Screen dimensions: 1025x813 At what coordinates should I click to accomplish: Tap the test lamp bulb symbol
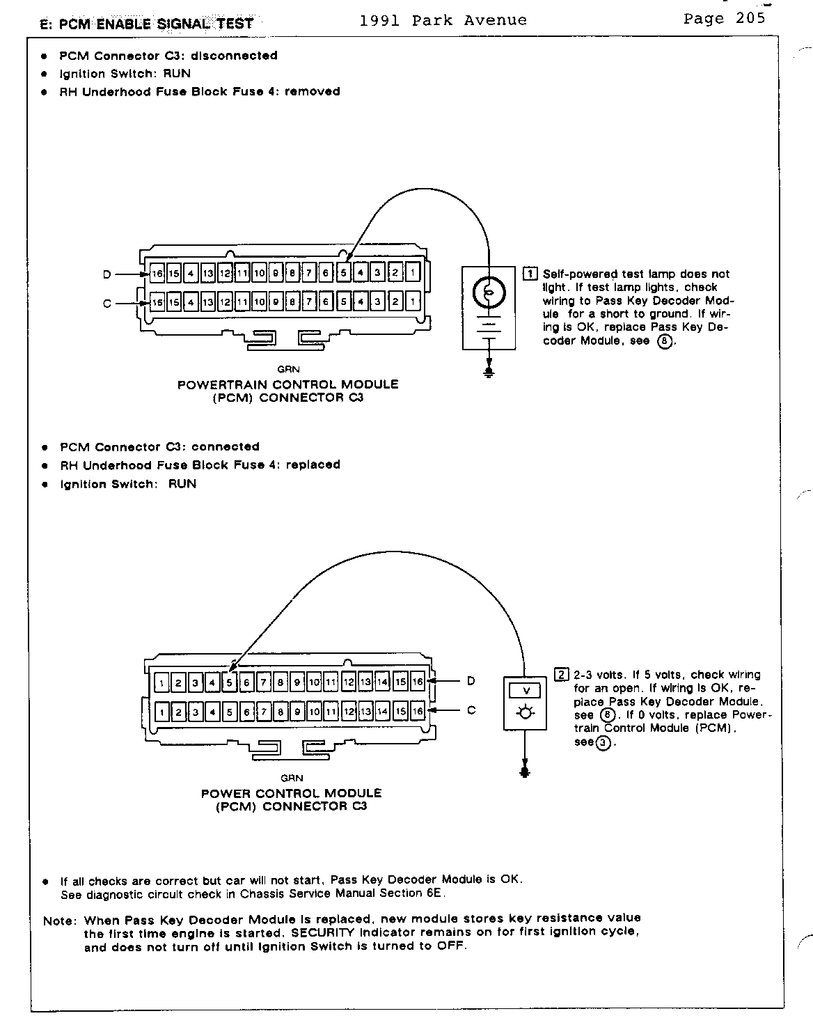pos(489,292)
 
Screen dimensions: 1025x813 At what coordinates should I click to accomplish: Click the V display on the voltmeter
pos(527,691)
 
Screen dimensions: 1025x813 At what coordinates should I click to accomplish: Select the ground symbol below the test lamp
pos(489,373)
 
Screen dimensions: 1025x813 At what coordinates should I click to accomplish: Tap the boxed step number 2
pos(561,674)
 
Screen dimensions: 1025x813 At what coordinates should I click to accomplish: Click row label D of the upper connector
pos(107,274)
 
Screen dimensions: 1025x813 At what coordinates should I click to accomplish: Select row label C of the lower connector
pos(471,710)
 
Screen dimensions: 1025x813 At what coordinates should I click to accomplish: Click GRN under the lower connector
pos(292,778)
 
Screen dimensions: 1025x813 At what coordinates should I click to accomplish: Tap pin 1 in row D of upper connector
pos(413,273)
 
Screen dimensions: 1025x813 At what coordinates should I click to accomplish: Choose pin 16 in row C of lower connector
pos(417,712)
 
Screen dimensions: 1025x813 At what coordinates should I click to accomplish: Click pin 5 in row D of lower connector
pos(230,682)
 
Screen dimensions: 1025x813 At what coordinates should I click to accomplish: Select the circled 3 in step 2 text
pos(604,742)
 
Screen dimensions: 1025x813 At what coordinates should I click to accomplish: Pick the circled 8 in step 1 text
pos(665,341)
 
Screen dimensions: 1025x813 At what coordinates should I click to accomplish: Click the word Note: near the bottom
pos(58,921)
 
